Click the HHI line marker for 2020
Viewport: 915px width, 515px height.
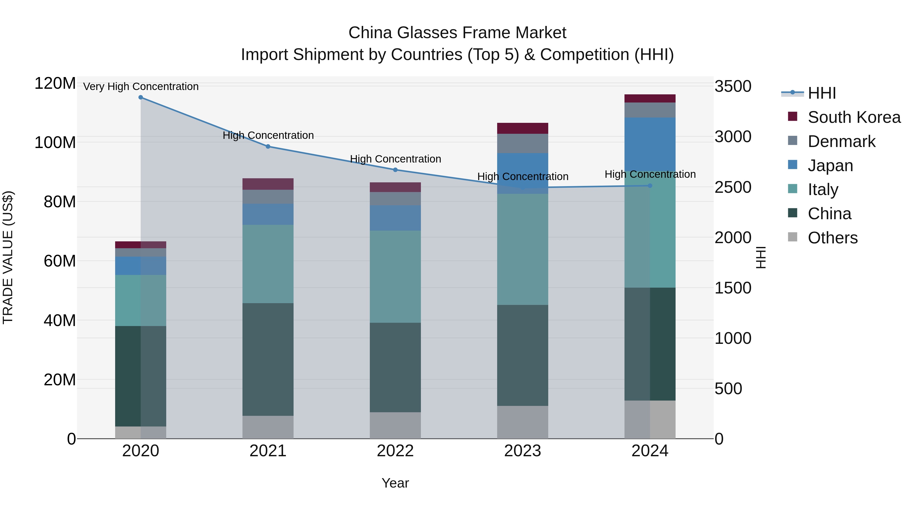point(141,97)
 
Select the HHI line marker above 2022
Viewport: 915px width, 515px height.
point(395,170)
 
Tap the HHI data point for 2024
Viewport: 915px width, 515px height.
point(650,186)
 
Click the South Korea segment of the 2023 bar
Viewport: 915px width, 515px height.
point(523,128)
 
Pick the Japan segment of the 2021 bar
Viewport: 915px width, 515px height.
point(268,214)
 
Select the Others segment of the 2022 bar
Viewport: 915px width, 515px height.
point(395,425)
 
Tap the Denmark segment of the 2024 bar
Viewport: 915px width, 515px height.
point(650,110)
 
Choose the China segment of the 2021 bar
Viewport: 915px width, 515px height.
point(268,359)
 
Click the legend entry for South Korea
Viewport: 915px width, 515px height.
point(854,117)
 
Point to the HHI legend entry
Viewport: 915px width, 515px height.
point(821,93)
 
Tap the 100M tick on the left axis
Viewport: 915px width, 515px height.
point(55,142)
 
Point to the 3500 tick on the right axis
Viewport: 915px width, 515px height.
point(733,86)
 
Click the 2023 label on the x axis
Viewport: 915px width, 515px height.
point(523,451)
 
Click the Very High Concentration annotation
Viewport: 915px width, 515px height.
point(141,86)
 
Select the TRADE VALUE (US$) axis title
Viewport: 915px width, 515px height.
point(8,257)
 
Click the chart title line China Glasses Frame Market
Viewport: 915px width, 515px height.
point(457,33)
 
